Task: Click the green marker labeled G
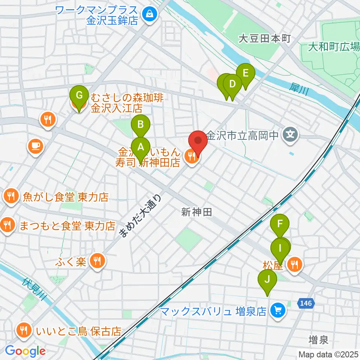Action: coord(79,95)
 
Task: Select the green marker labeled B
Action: coord(140,125)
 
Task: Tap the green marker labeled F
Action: coord(280,225)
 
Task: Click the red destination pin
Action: coord(197,141)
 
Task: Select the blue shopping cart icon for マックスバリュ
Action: coord(278,310)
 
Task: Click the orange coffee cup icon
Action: coord(36,145)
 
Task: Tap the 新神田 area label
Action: coord(197,212)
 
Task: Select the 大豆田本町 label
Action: coord(265,38)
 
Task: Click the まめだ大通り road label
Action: coord(141,217)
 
